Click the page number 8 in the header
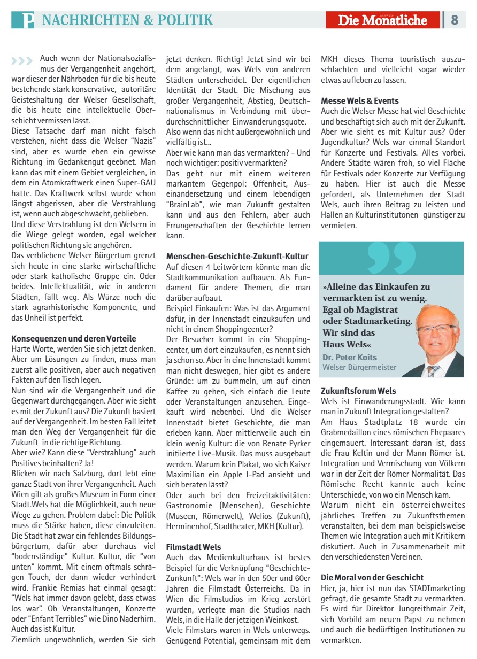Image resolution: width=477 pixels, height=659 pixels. [x=455, y=20]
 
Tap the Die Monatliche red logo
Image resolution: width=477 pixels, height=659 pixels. [x=382, y=20]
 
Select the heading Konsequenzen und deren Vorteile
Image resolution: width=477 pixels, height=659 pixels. [x=74, y=339]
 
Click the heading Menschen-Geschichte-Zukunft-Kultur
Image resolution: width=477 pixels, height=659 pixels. [x=237, y=257]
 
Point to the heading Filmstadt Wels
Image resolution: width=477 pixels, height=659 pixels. [x=194, y=547]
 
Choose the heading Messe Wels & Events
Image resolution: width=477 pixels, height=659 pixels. [x=360, y=100]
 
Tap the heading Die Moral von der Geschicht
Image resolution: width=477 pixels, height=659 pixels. [x=372, y=577]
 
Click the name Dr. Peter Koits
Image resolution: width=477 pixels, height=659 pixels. [x=350, y=357]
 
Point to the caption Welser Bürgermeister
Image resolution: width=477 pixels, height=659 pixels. [x=359, y=367]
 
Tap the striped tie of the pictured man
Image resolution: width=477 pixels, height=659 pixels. [x=433, y=370]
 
